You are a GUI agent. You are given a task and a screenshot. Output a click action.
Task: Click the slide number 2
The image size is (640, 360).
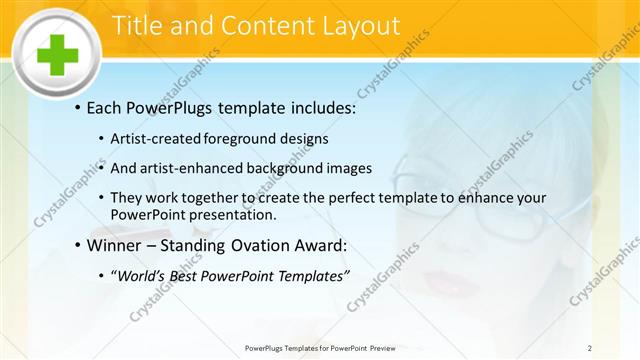point(591,348)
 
